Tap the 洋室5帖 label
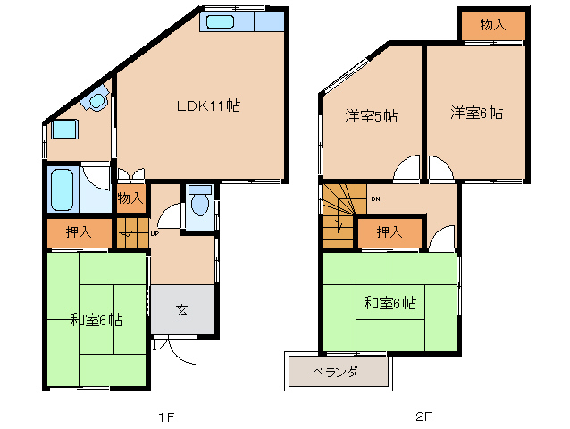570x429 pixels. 371,116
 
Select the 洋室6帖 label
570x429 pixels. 475,114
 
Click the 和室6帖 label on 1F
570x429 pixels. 96,320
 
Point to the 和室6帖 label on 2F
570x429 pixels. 390,302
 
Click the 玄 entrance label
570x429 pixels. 181,310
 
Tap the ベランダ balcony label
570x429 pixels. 336,372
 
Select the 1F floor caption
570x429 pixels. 164,416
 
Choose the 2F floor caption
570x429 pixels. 423,416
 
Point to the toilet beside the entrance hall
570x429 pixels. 199,201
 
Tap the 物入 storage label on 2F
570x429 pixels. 492,25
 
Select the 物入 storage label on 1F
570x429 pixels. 130,198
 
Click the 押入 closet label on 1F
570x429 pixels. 80,232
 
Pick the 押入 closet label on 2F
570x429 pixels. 389,233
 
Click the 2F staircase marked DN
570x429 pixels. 339,214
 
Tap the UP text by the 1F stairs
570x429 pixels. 155,234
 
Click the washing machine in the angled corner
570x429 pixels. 96,101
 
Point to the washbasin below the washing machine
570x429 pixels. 63,130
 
